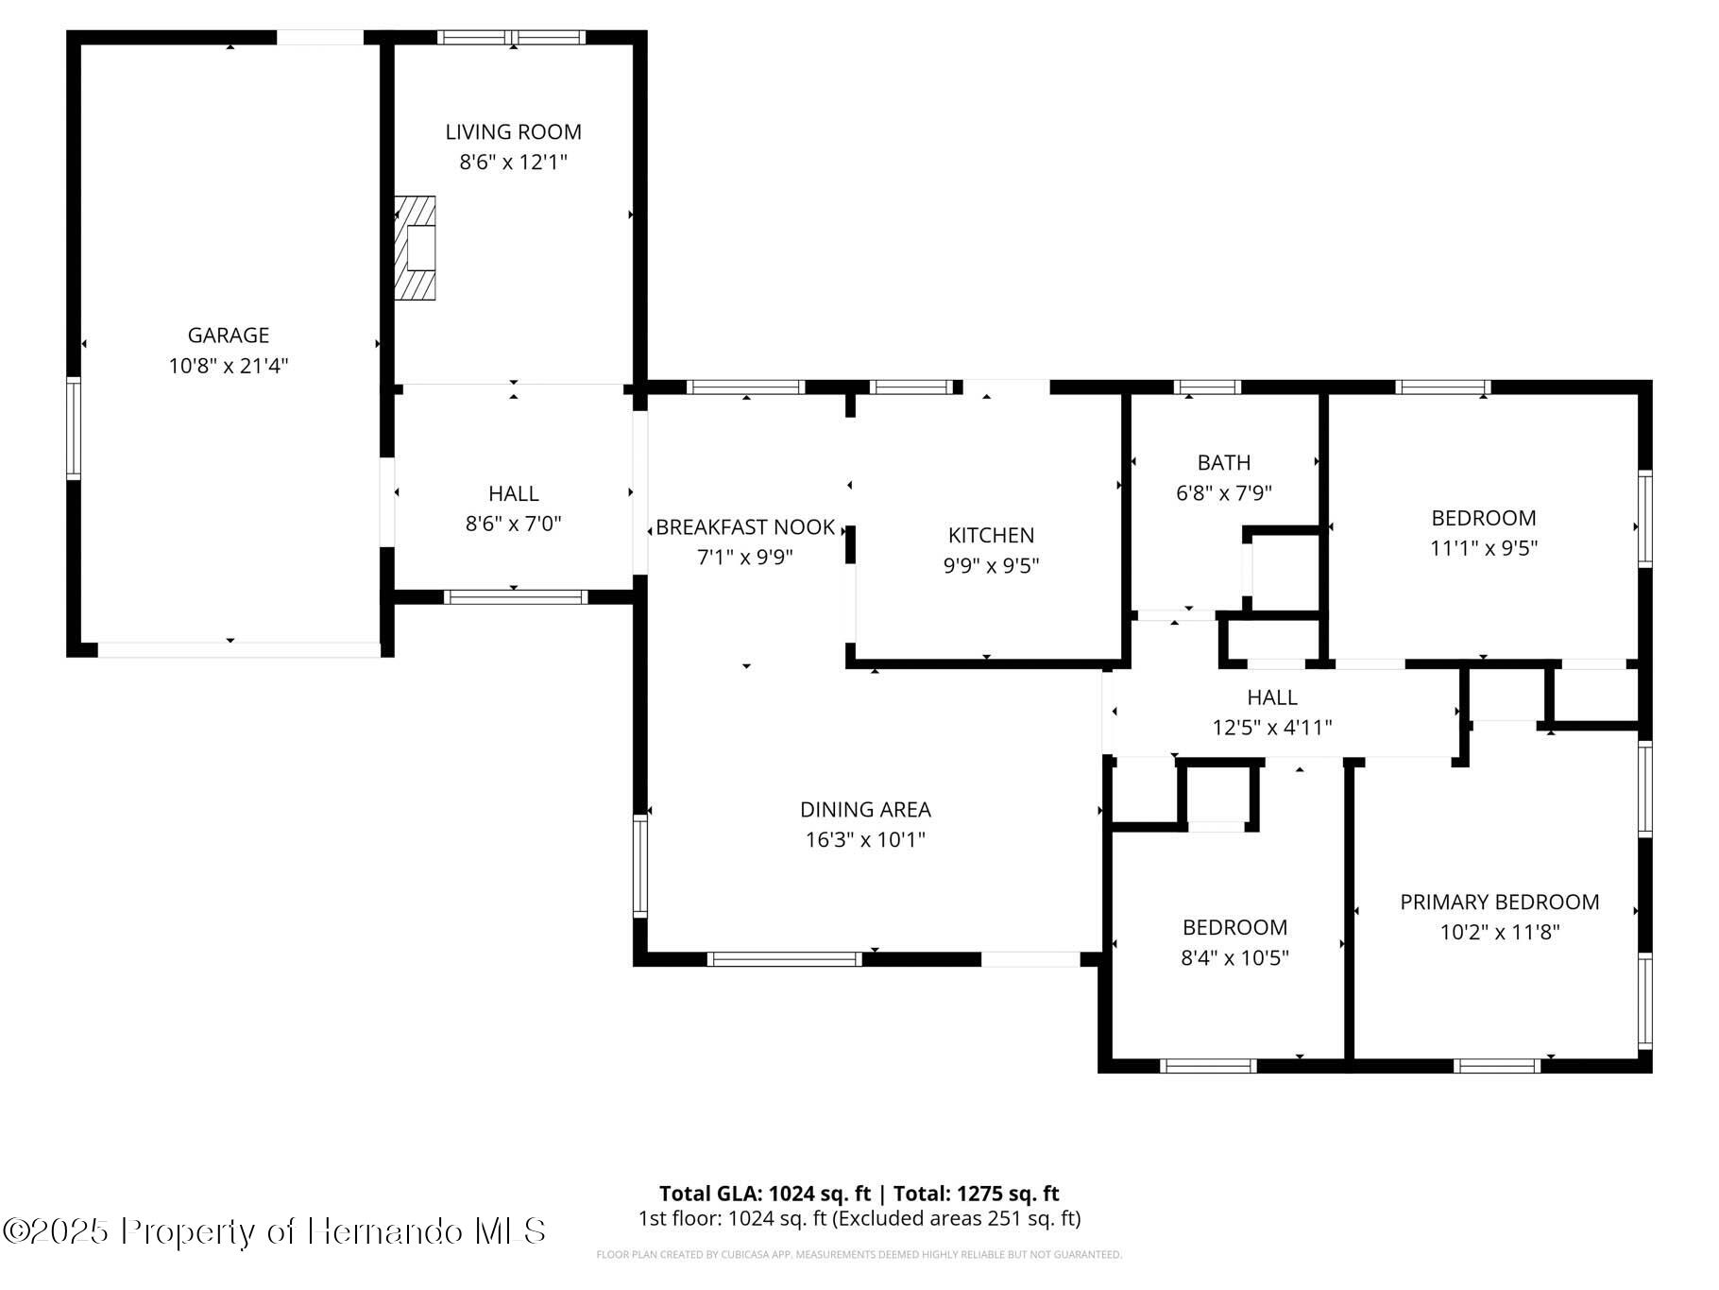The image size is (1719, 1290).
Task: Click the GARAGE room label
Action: (228, 335)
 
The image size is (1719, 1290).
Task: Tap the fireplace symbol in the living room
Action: (416, 249)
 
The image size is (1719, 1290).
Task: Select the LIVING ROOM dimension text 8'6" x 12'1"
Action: (513, 163)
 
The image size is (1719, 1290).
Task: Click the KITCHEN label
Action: (991, 536)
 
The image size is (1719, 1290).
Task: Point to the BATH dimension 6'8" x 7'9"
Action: (1223, 493)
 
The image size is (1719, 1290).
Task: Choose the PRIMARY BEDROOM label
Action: (1499, 903)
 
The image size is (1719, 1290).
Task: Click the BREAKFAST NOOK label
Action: (745, 527)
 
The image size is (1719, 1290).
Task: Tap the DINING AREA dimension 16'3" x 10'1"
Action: (864, 840)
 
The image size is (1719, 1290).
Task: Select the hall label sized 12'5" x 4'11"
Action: (1271, 698)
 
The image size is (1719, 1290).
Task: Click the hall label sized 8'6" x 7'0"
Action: (513, 493)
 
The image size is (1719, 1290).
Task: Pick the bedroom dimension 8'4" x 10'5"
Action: (1234, 958)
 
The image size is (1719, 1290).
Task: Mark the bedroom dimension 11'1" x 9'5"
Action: (1483, 548)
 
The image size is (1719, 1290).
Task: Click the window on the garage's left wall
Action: (73, 427)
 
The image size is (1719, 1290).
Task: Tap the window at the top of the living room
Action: (512, 38)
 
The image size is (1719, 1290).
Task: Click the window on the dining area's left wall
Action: (640, 867)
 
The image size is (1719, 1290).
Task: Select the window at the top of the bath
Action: (1206, 387)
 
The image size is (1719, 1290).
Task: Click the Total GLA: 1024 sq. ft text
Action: (764, 1194)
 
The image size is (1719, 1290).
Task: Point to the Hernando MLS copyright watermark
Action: (274, 1231)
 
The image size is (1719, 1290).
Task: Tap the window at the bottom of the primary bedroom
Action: (1496, 1066)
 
